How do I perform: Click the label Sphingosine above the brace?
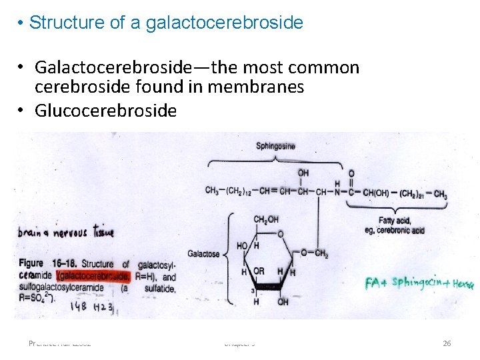click(275, 146)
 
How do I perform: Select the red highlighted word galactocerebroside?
click(94, 276)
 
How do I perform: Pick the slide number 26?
click(447, 343)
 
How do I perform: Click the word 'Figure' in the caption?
click(31, 264)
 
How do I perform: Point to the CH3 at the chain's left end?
click(212, 191)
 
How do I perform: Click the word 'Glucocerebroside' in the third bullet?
click(105, 110)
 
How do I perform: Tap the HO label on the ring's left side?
click(243, 245)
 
